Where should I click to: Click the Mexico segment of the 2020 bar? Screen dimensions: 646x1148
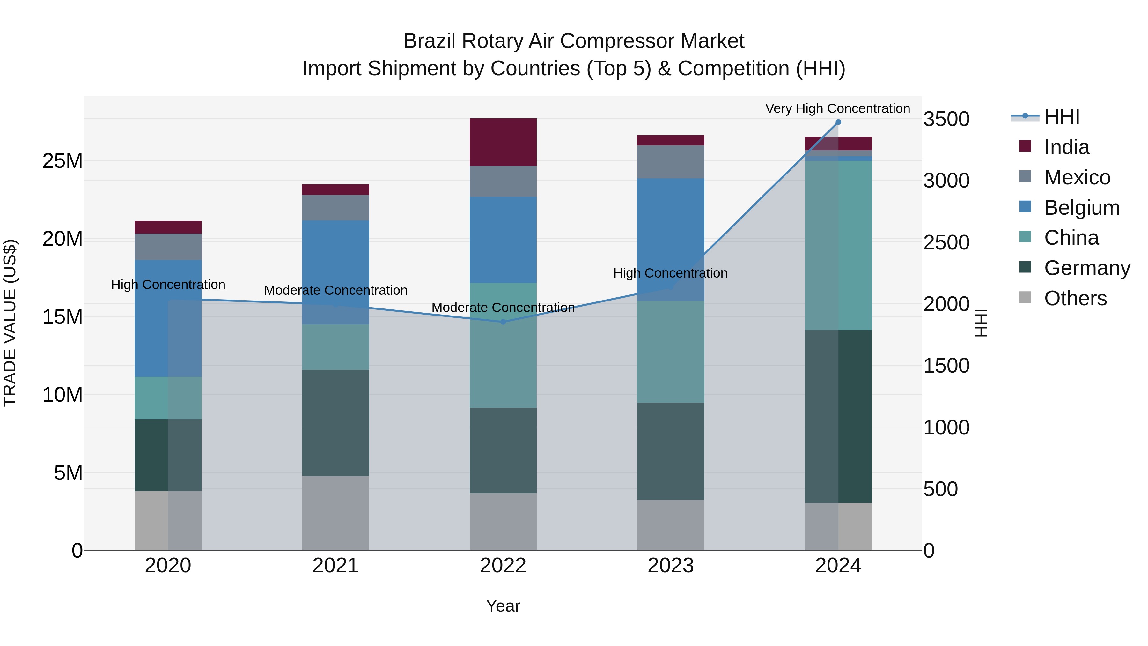[x=168, y=247]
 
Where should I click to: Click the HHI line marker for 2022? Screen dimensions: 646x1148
[x=503, y=322]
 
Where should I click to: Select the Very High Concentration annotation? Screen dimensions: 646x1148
[x=837, y=108]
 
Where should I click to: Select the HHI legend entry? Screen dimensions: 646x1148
[x=1062, y=117]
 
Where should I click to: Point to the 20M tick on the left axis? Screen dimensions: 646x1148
[x=63, y=239]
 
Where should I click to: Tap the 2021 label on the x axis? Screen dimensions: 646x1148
[x=335, y=566]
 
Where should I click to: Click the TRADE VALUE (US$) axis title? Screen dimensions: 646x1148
[x=10, y=323]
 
